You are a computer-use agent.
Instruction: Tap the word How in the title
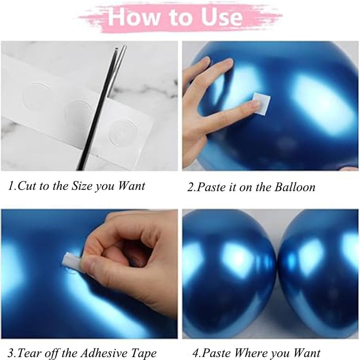click(133, 17)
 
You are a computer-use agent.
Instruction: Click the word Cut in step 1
click(28, 186)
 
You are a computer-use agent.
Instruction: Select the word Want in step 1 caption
click(131, 186)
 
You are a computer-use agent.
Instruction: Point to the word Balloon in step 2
click(295, 187)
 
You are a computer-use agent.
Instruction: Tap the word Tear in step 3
click(29, 353)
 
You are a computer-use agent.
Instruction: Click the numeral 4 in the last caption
click(195, 353)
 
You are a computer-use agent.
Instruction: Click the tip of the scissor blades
click(117, 49)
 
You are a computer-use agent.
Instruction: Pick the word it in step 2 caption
click(232, 187)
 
